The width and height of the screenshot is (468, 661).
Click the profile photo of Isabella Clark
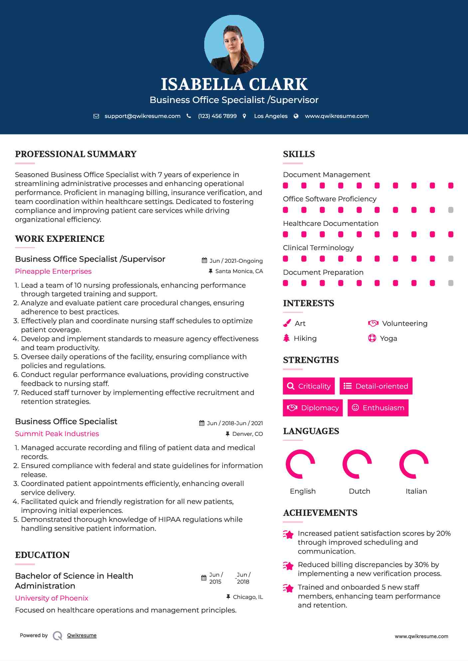tap(234, 45)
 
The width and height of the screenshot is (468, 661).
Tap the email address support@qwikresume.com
tap(142, 116)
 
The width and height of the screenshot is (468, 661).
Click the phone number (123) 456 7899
tap(217, 116)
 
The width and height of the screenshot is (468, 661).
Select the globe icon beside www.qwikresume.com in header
tap(296, 116)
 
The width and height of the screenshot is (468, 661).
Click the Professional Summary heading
tap(76, 154)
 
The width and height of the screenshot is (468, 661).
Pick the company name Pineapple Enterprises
tap(53, 271)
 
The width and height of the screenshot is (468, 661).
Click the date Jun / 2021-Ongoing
tap(236, 261)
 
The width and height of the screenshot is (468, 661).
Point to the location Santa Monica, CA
tap(239, 271)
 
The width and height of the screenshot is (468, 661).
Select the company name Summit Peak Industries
tap(57, 434)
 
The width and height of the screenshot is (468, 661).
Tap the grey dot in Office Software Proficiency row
tap(451, 210)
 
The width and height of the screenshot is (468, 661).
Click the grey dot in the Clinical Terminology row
tap(451, 259)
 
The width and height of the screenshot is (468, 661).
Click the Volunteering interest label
tap(404, 324)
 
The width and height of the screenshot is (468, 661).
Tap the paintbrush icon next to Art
tap(287, 323)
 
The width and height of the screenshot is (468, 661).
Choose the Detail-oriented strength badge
tap(376, 386)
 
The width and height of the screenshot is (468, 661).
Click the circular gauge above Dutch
tap(357, 464)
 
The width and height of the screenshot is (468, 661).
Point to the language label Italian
tap(416, 491)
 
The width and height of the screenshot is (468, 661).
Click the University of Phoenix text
tap(52, 598)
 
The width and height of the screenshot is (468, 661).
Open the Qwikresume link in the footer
tap(82, 635)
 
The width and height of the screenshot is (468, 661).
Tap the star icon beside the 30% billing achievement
tap(288, 566)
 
